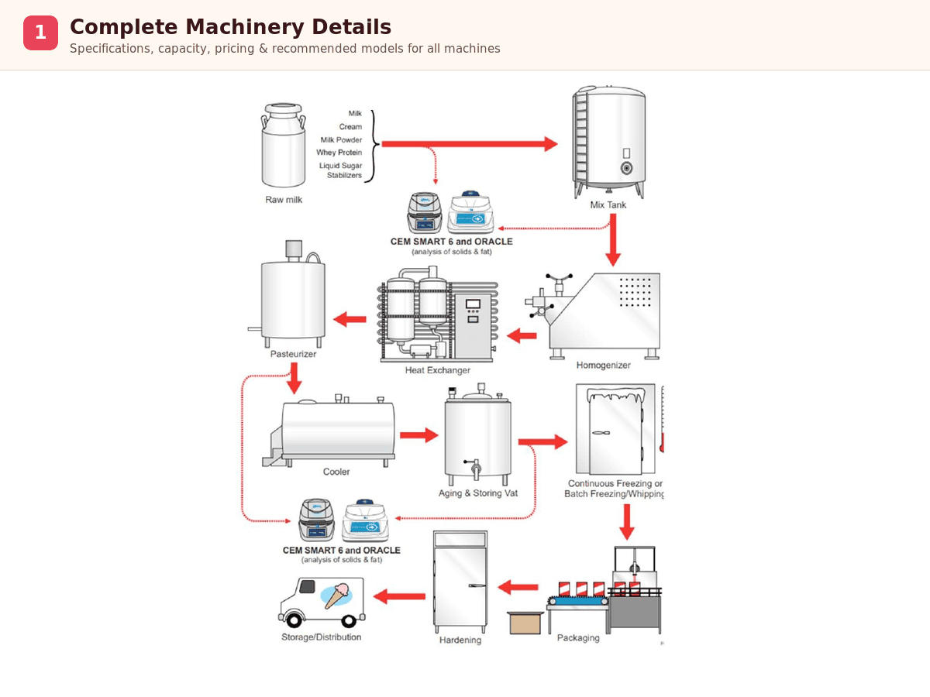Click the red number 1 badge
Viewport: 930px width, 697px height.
click(40, 33)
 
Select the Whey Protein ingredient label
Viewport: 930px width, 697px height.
click(339, 153)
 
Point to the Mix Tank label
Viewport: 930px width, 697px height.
click(608, 205)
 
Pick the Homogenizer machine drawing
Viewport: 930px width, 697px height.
click(601, 314)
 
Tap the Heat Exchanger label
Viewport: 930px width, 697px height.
click(437, 370)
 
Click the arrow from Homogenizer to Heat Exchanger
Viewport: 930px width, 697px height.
click(522, 335)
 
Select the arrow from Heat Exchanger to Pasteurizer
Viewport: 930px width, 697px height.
click(350, 319)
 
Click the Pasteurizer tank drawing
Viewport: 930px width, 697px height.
click(293, 298)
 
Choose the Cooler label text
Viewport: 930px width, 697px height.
click(336, 472)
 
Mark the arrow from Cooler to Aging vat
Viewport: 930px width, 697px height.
click(418, 435)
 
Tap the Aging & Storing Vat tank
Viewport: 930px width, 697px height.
click(477, 438)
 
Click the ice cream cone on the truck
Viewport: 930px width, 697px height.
click(336, 595)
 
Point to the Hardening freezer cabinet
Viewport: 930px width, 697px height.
click(460, 581)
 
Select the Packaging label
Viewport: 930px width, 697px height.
click(578, 638)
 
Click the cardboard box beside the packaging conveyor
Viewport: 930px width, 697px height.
click(525, 623)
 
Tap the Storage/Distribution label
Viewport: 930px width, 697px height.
click(321, 637)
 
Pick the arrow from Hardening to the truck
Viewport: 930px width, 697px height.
click(399, 596)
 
